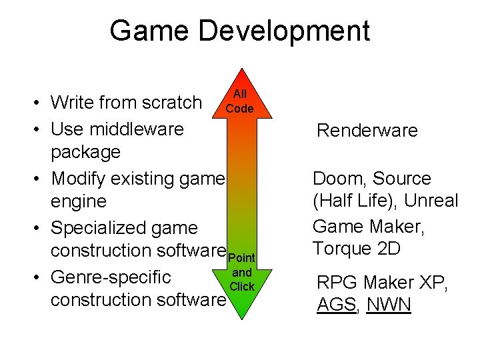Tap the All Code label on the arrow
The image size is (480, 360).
click(239, 102)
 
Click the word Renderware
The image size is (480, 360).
click(367, 130)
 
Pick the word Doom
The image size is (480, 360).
click(340, 179)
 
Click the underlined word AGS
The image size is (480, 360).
click(332, 305)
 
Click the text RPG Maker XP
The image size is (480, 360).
click(382, 283)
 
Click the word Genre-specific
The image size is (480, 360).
click(111, 277)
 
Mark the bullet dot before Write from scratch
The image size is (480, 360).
click(40, 103)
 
